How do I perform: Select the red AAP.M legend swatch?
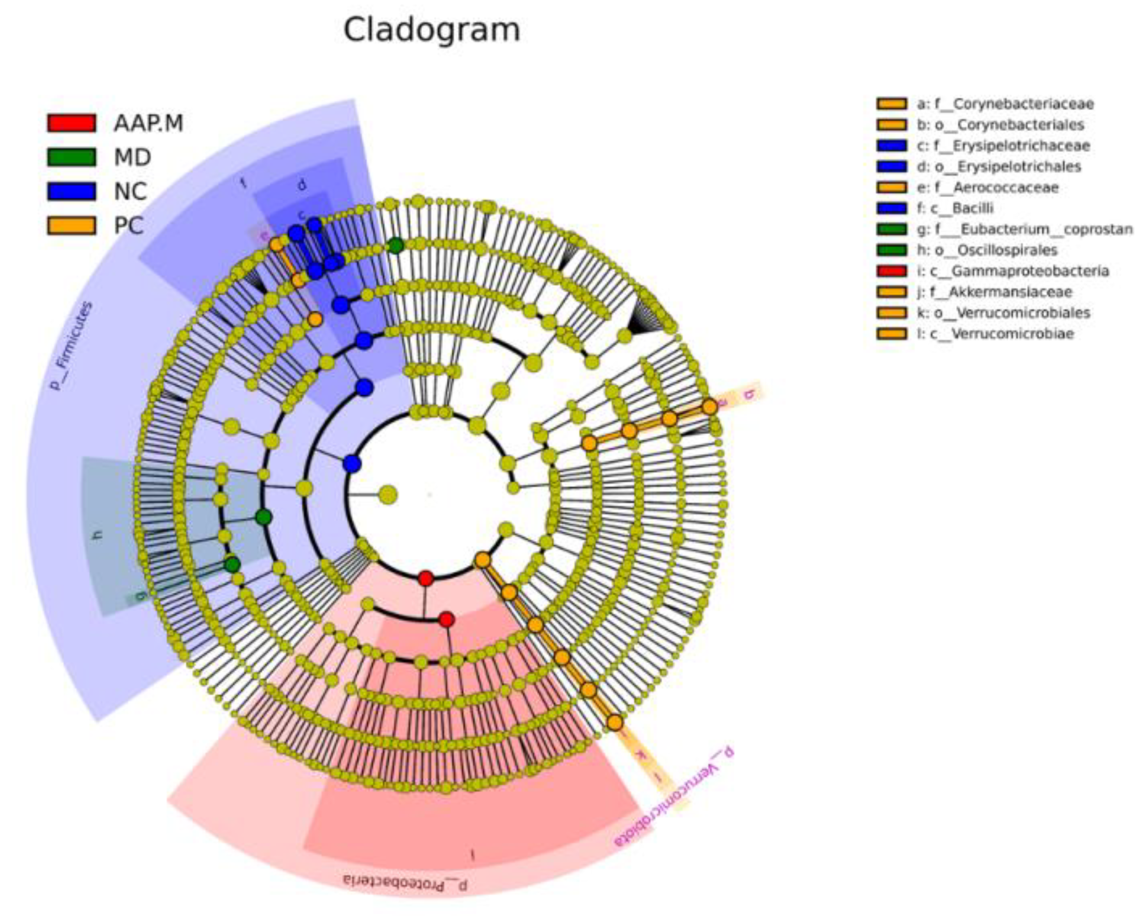(72, 123)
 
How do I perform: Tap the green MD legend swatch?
(72, 157)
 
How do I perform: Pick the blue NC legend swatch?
(72, 191)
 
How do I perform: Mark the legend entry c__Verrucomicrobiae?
(1002, 334)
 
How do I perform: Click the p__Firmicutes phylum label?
(72, 346)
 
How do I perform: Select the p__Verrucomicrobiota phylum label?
(675, 797)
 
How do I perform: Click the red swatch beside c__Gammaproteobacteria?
(892, 271)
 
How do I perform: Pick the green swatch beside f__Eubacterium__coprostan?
(892, 229)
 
